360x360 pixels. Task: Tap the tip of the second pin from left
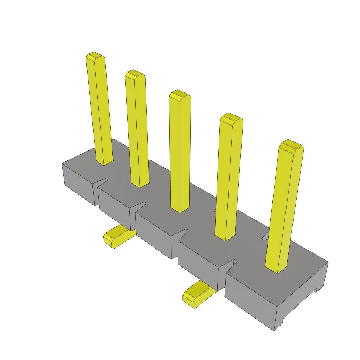(x=135, y=73)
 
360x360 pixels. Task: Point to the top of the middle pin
(x=180, y=94)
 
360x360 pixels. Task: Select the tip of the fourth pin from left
(x=231, y=117)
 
